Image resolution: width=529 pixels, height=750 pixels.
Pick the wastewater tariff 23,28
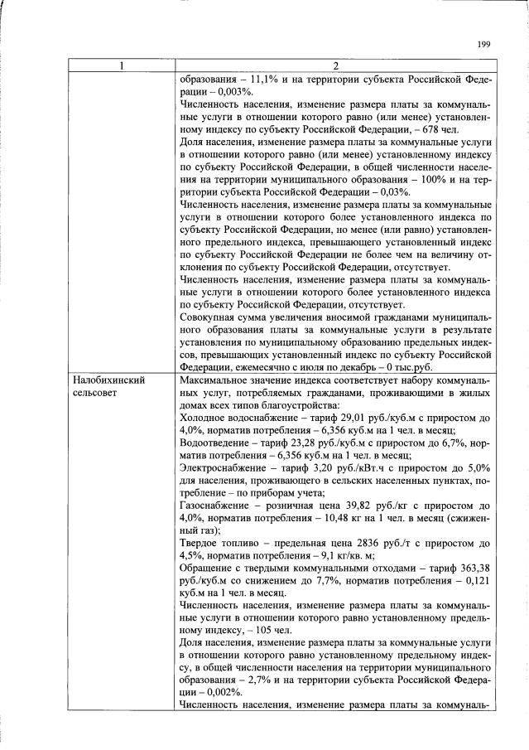tap(306, 442)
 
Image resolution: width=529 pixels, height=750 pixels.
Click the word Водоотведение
tap(215, 442)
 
